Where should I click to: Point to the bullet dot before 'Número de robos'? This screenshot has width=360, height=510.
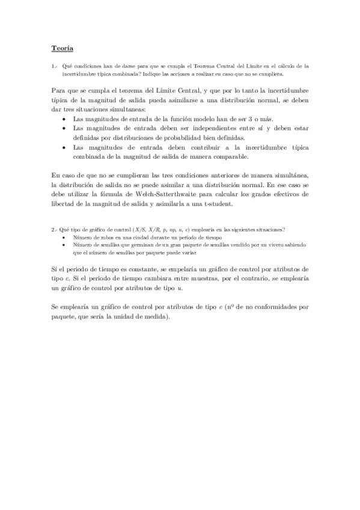tap(64, 238)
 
